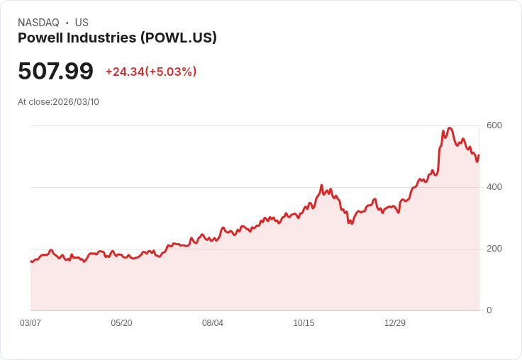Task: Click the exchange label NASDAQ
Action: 38,23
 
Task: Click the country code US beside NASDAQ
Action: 82,23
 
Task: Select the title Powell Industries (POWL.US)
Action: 117,38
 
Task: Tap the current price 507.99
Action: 55,71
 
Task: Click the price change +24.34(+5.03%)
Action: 151,72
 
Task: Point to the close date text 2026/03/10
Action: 76,102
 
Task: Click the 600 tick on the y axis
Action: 494,125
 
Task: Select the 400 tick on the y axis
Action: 494,187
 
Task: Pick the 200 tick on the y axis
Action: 494,249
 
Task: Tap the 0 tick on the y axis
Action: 489,310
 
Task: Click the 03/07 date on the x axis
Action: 30,323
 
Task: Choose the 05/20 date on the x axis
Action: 121,323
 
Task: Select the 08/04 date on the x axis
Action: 213,323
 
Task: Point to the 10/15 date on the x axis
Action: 304,323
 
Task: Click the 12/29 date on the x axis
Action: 395,323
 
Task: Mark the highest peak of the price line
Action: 450,128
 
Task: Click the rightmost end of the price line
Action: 479,155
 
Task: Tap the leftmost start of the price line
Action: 31,261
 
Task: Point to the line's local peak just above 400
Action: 321,185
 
